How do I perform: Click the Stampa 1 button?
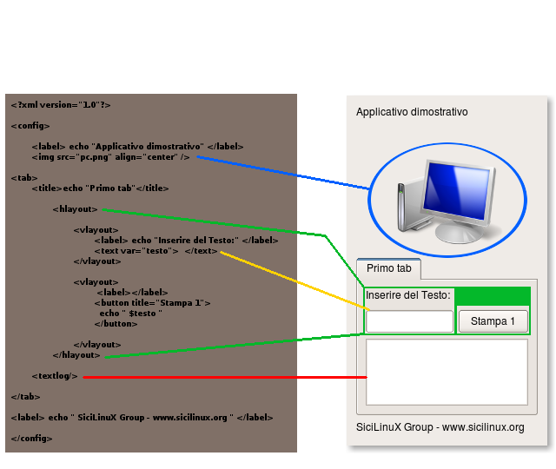[x=493, y=321]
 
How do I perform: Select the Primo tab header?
[x=389, y=268]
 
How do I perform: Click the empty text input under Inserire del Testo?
[x=409, y=321]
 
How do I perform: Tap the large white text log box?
[x=447, y=373]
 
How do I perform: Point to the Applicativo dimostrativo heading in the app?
[x=412, y=112]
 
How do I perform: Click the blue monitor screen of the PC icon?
[x=457, y=192]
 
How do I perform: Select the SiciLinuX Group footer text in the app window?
[x=440, y=427]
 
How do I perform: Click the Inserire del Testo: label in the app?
[x=408, y=295]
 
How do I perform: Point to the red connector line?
[x=225, y=377]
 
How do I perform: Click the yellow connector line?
[x=295, y=281]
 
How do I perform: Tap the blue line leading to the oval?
[x=283, y=173]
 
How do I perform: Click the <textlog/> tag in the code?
[x=55, y=376]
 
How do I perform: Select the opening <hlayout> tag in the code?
[x=75, y=209]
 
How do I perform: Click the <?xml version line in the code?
[x=61, y=105]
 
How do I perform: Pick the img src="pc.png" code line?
[x=110, y=157]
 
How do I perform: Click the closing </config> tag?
[x=31, y=439]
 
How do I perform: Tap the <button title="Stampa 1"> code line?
[x=153, y=303]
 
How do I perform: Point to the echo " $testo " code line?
[x=131, y=314]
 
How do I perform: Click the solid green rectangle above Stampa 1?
[x=493, y=296]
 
